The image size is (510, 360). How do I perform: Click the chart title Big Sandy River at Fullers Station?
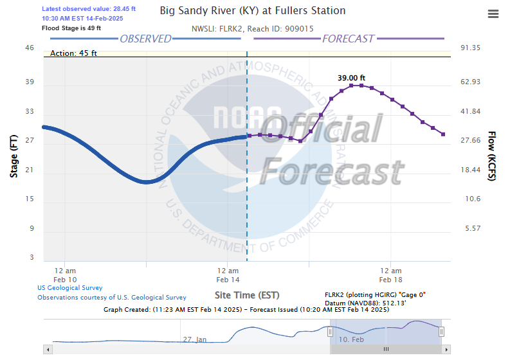(x=252, y=11)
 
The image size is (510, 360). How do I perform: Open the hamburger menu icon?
(x=493, y=14)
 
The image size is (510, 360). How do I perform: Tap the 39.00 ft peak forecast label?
(x=351, y=77)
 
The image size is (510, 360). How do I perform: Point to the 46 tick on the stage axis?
(x=30, y=48)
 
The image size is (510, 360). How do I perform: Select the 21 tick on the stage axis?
(x=30, y=170)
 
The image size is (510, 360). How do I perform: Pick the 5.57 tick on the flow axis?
(x=473, y=228)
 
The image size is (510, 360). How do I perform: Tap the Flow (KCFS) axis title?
(x=492, y=156)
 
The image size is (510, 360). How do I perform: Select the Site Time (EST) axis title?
(x=247, y=295)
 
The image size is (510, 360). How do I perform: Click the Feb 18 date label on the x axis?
(x=390, y=280)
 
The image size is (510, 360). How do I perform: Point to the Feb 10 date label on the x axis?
(x=64, y=280)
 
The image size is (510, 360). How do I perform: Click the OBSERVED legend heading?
(x=146, y=39)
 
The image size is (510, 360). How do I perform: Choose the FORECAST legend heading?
(x=347, y=39)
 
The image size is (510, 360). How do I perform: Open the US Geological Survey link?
(x=70, y=288)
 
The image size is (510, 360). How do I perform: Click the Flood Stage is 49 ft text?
(x=71, y=28)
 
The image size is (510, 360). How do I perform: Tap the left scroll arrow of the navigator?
(x=47, y=349)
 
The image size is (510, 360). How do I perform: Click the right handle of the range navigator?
(x=442, y=331)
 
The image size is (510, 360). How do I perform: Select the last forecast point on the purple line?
(x=443, y=134)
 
